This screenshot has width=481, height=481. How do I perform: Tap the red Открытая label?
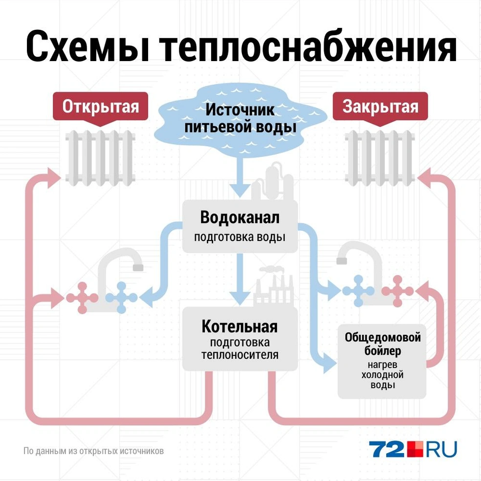tap(101, 106)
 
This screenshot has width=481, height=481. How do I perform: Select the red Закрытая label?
tap(380, 106)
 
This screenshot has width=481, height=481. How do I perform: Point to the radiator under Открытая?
tap(100, 158)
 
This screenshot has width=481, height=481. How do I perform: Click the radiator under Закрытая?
tap(380, 158)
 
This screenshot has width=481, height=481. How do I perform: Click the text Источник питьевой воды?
tap(240, 118)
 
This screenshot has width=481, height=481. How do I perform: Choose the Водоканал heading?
tap(240, 218)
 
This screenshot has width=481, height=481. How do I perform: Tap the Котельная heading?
tap(240, 327)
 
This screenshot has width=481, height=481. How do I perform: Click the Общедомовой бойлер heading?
tap(383, 344)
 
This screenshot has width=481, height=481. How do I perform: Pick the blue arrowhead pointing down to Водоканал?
tap(240, 191)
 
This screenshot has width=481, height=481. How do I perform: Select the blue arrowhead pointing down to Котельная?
tap(240, 298)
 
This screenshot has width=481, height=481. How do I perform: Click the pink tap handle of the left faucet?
tap(82, 298)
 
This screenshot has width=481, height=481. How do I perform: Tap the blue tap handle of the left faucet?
tap(122, 298)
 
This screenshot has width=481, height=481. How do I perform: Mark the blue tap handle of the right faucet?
tap(358, 291)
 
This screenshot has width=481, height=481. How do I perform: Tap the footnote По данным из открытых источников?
tap(93, 451)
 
